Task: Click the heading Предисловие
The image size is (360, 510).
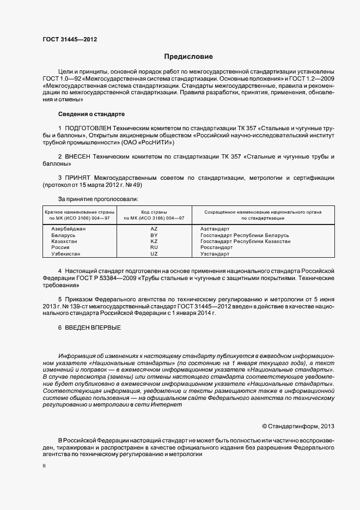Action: (188, 57)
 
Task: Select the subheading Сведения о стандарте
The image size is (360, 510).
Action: (91, 114)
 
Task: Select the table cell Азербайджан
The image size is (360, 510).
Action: (68, 229)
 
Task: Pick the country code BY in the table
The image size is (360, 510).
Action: (154, 235)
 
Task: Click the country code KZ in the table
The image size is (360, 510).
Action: (154, 241)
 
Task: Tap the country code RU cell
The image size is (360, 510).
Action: (154, 247)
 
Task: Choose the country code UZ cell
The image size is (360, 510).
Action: (154, 254)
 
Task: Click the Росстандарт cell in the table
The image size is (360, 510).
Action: (217, 247)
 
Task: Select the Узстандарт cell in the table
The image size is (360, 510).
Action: (215, 254)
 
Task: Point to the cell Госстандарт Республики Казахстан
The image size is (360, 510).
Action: (245, 241)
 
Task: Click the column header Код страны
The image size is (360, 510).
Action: (154, 211)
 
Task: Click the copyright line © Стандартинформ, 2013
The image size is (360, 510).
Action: (298, 426)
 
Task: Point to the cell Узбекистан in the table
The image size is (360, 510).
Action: (65, 254)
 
